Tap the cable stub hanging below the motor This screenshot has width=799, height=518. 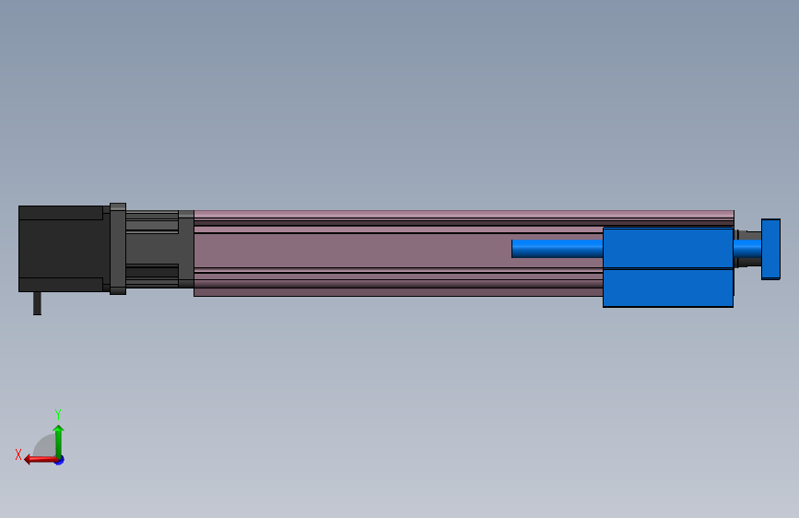(37, 303)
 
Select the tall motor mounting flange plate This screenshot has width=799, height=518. (117, 249)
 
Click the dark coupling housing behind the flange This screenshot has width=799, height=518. (151, 249)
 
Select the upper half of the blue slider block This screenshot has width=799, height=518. (667, 248)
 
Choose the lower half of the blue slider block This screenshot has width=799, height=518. (667, 288)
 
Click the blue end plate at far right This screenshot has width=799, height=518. (770, 248)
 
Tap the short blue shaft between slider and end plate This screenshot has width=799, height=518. (746, 249)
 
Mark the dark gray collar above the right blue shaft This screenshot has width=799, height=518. (747, 234)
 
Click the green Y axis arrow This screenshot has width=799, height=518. (58, 438)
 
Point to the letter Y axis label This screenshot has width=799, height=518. (58, 415)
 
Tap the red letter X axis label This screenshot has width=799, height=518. (18, 454)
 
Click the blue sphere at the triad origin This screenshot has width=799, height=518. (59, 459)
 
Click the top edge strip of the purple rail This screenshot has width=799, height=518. (461, 214)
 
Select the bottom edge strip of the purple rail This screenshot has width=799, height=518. (396, 292)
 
